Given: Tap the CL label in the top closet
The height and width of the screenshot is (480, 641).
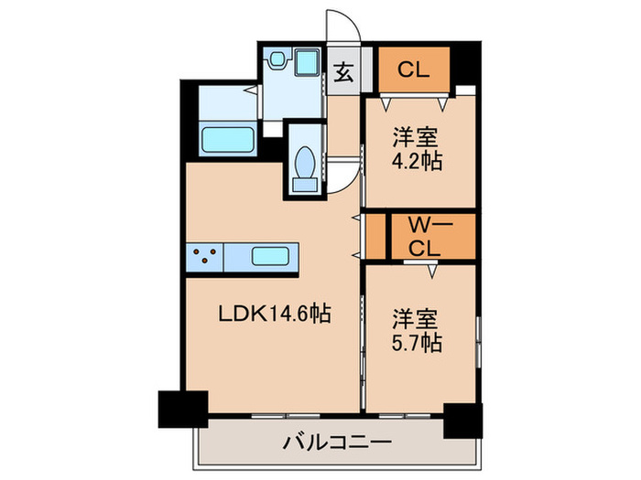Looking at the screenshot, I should (413, 69).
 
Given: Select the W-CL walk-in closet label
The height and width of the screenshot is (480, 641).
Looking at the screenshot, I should (423, 236).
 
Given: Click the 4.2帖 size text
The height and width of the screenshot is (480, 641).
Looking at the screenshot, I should (418, 163).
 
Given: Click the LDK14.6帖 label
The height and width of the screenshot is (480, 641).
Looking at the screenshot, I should (273, 315).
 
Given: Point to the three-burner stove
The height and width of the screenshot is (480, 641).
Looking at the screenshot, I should (206, 257).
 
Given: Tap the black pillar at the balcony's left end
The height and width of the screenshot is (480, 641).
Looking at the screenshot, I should (182, 409).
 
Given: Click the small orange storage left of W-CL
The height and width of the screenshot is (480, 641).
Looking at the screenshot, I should (374, 237).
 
